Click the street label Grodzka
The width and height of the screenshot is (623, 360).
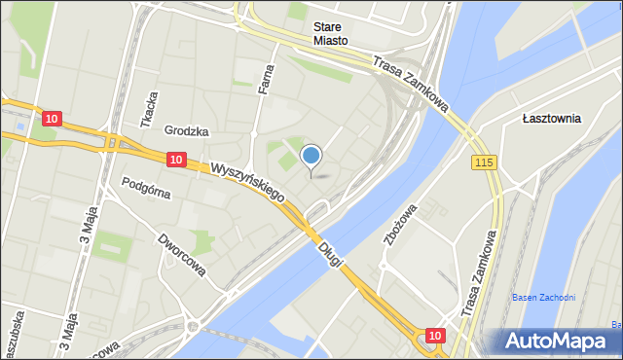coord(187,130)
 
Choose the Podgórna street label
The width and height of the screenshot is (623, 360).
coord(146,187)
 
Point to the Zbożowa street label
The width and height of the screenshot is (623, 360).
coord(400,224)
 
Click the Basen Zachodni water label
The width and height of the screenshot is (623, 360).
coord(544,297)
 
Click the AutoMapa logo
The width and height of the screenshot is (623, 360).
coord(557,341)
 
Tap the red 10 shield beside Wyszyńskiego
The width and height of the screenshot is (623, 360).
coord(175,159)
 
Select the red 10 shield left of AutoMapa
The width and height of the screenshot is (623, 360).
coord(434,336)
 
